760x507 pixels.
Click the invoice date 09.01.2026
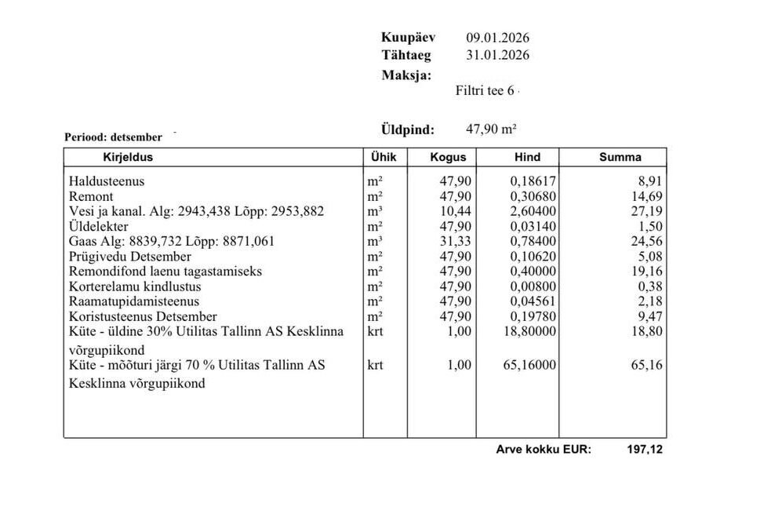(x=497, y=38)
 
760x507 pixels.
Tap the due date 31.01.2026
(x=497, y=55)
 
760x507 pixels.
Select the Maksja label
(x=406, y=75)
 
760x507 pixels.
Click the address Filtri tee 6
(x=485, y=90)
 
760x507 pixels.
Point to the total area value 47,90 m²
(x=491, y=129)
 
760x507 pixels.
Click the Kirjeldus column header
(x=128, y=157)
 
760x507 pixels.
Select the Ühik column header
(x=383, y=157)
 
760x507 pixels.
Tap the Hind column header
(x=527, y=157)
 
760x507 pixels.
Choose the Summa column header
(x=620, y=157)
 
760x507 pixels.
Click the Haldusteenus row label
(x=107, y=181)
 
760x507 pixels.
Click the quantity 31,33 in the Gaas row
(x=456, y=241)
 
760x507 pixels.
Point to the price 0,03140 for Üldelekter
(x=533, y=226)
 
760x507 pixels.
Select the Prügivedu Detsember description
(x=130, y=256)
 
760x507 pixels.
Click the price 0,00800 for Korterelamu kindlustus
(x=533, y=286)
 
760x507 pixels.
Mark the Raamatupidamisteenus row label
(x=134, y=301)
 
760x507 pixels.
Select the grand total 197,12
(x=645, y=450)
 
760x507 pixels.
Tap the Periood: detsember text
(x=113, y=137)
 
